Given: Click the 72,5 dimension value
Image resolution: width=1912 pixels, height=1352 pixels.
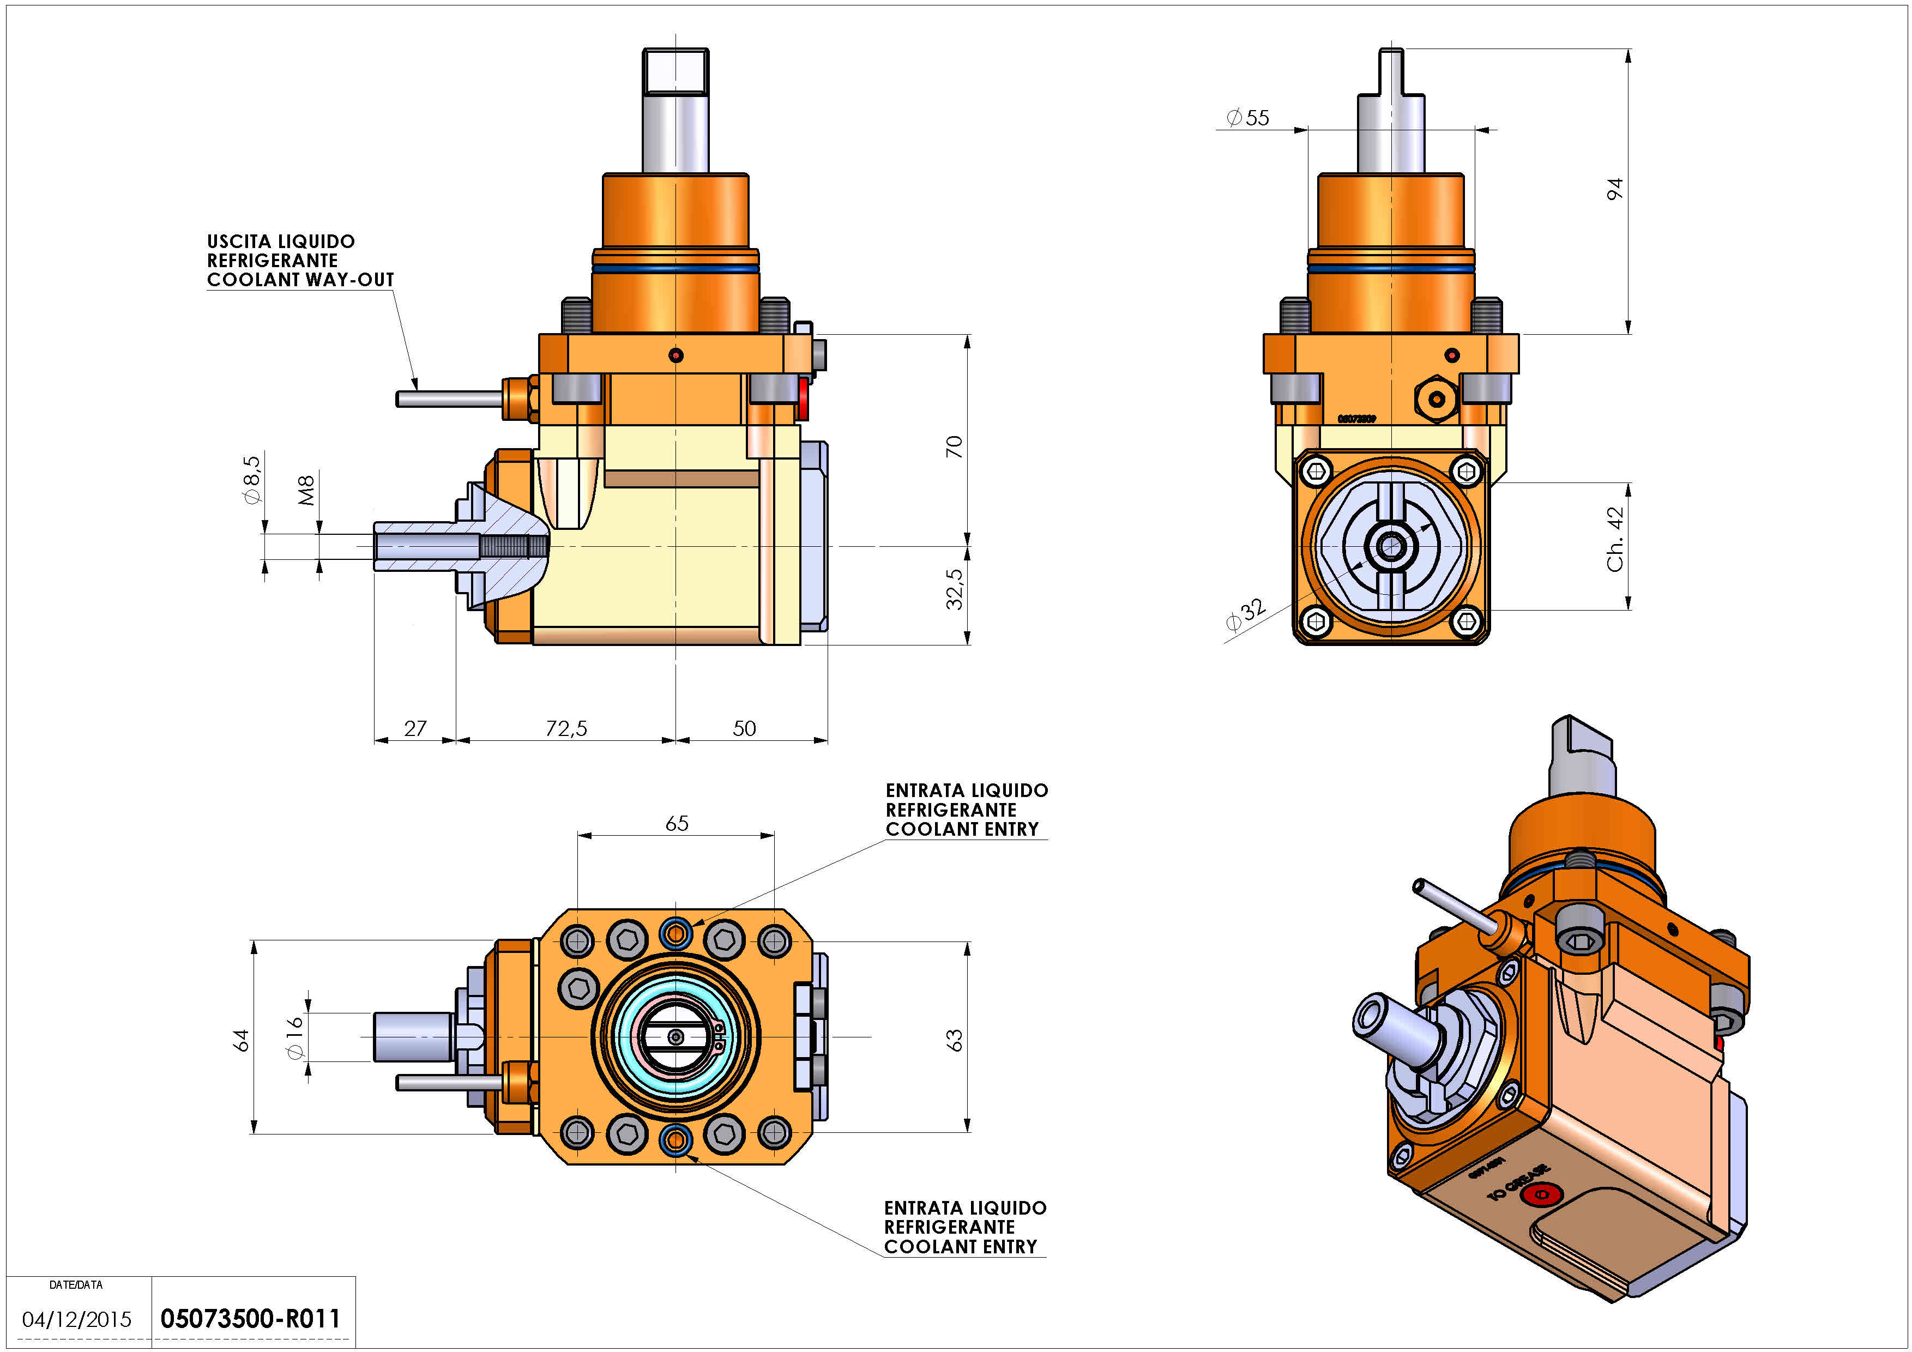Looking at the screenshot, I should point(566,728).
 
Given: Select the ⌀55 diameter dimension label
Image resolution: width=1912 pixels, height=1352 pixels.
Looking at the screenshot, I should point(1248,118).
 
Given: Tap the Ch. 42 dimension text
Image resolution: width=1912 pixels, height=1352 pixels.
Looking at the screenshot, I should point(1615,540).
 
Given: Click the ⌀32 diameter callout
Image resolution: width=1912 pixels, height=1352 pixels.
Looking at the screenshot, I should point(1246,615).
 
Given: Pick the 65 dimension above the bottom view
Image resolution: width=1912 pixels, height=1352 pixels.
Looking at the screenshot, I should point(676,823).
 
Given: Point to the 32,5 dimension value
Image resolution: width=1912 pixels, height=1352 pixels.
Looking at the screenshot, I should point(954,589).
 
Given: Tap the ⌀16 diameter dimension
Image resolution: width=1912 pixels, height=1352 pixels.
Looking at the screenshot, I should point(295,1037).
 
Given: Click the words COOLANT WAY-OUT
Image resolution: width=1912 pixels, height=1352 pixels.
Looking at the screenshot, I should point(300,280).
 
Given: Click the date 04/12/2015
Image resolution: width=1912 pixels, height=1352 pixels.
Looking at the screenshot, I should point(77,1319).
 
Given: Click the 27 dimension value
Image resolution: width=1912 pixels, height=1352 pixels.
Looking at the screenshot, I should point(415,728).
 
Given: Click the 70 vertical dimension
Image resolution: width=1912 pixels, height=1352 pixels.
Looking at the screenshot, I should point(954,446).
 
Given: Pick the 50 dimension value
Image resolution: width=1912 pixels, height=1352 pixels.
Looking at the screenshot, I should point(744,728).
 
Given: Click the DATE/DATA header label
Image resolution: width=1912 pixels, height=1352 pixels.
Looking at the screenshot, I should point(76,1284).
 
